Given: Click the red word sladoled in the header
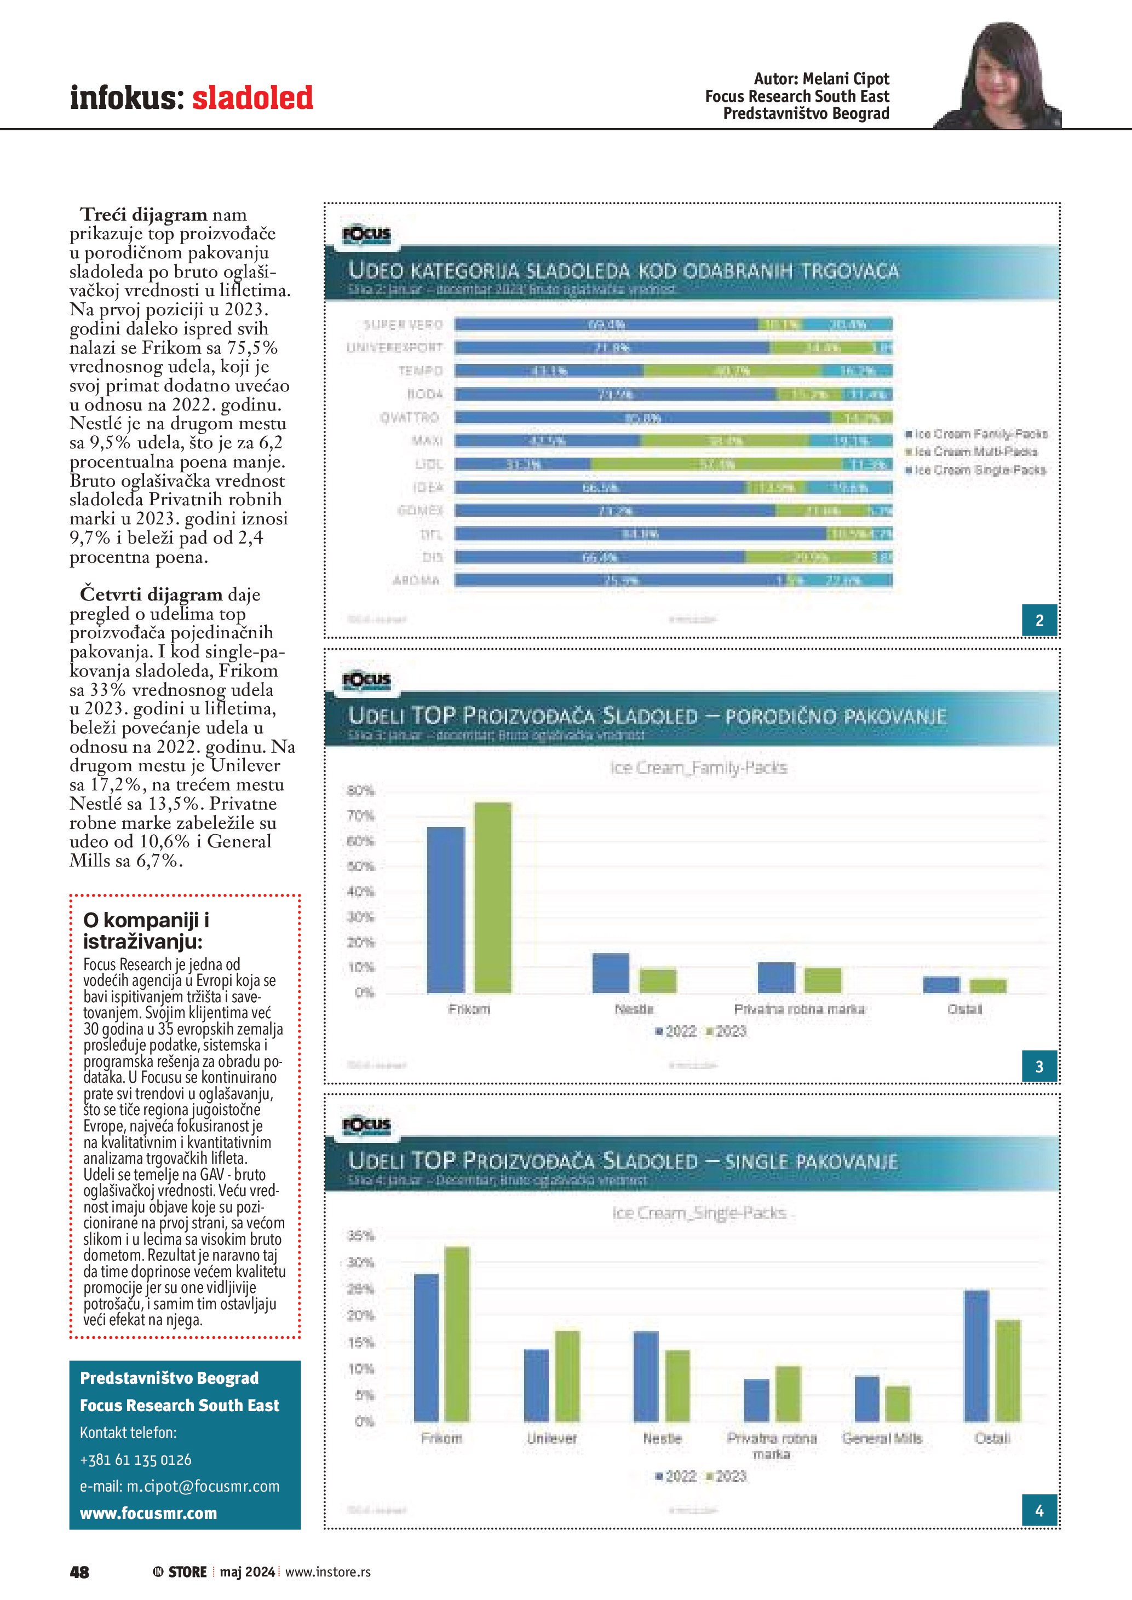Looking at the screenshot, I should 252,97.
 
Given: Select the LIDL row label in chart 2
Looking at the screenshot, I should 429,464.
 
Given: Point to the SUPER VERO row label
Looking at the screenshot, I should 403,325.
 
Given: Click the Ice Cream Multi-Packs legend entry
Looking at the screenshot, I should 976,452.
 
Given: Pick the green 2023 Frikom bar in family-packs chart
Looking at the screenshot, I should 492,898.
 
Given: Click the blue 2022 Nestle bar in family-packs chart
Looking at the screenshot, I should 611,973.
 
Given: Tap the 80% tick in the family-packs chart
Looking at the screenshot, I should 360,791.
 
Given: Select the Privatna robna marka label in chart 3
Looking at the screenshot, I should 799,1009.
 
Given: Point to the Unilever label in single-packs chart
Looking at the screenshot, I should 551,1439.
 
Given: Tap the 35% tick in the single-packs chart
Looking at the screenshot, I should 361,1236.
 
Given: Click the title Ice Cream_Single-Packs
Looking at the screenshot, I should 699,1213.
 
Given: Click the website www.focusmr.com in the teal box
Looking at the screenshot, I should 148,1514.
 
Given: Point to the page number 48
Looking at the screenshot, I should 79,1572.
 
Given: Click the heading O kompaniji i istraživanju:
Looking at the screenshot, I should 146,931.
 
